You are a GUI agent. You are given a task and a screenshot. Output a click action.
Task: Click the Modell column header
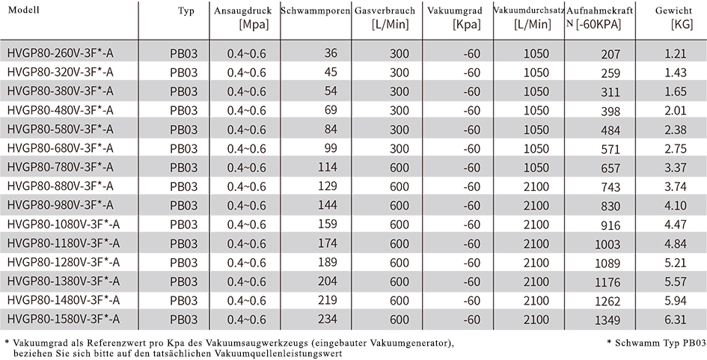pyautogui.click(x=24, y=10)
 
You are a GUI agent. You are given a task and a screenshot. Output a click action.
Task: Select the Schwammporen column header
pyautogui.click(x=315, y=10)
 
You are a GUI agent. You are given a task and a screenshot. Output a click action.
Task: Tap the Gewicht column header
pyautogui.click(x=673, y=10)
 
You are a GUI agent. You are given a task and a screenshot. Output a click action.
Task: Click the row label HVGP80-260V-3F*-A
pyautogui.click(x=61, y=54)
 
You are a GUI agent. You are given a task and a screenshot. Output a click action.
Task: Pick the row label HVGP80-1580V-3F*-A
pyautogui.click(x=64, y=319)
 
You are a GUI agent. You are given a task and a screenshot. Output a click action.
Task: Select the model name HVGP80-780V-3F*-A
pyautogui.click(x=61, y=168)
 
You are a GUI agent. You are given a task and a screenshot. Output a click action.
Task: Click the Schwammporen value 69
pyautogui.click(x=331, y=110)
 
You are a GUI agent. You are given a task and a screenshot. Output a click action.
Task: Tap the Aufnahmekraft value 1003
pyautogui.click(x=607, y=244)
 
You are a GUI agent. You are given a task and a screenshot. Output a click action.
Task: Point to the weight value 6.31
pyautogui.click(x=676, y=320)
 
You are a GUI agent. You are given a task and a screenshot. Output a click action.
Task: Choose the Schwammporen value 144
pyautogui.click(x=328, y=205)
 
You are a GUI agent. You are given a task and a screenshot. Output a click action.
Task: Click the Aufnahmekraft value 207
pyautogui.click(x=610, y=55)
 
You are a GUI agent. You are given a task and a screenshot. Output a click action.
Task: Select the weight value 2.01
pyautogui.click(x=676, y=111)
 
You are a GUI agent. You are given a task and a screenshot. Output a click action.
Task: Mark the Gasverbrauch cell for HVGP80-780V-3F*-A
pyautogui.click(x=399, y=168)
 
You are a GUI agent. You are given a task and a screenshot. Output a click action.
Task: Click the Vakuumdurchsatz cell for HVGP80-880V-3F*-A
pyautogui.click(x=536, y=186)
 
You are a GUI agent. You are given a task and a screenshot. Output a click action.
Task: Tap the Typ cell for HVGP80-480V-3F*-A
pyautogui.click(x=183, y=111)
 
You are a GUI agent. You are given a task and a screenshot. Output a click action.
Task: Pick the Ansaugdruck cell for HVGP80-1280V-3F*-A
pyautogui.click(x=247, y=262)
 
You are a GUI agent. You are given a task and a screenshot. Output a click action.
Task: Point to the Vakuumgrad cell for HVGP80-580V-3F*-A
pyautogui.click(x=471, y=129)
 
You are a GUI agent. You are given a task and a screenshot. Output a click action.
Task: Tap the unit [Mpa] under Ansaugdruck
pyautogui.click(x=254, y=25)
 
